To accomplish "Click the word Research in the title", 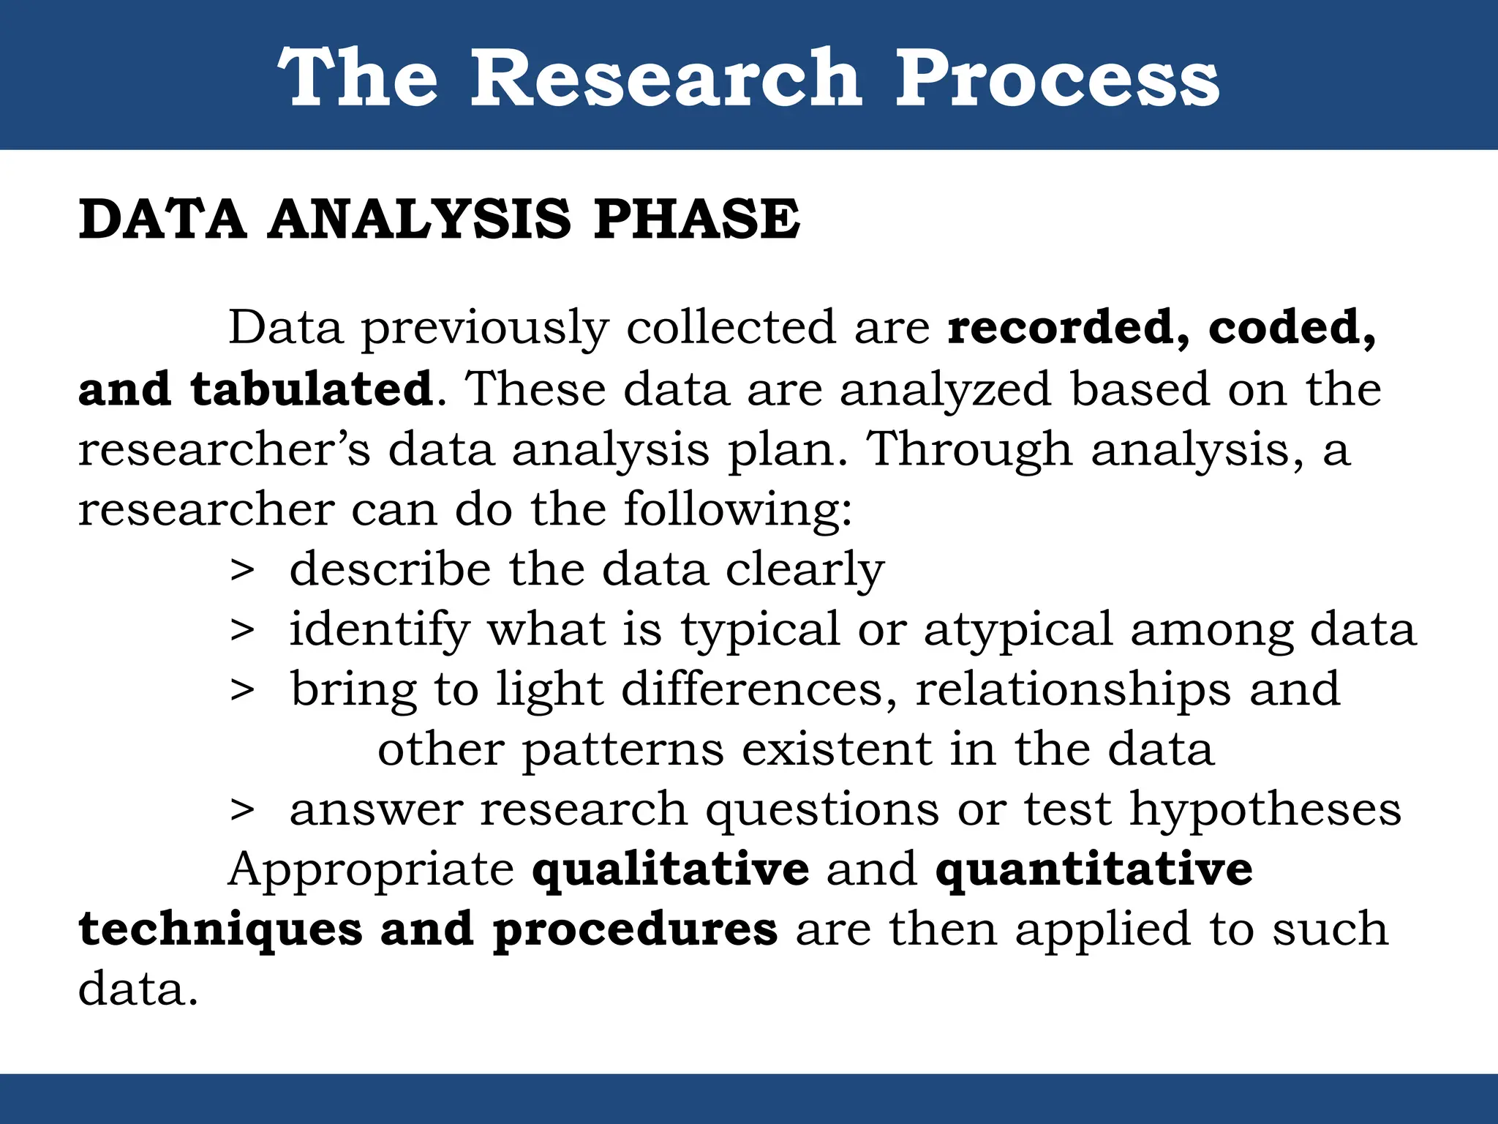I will tap(666, 78).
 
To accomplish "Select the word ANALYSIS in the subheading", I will tap(419, 219).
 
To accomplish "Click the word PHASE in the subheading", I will tap(697, 219).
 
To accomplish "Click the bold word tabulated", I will tap(312, 389).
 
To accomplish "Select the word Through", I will tap(969, 449).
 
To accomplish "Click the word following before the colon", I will tap(737, 509).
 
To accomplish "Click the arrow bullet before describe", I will tap(242, 571).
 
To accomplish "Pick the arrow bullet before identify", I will tap(242, 631).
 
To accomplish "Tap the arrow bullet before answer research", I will tap(242, 811).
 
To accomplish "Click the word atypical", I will tap(1017, 631).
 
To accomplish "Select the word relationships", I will tap(1073, 689).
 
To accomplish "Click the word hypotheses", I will tap(1265, 809).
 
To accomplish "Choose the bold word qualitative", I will tap(671, 870).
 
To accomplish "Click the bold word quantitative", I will tap(1094, 870).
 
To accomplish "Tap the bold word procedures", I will tap(635, 930).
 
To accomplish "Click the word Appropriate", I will tap(372, 870).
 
